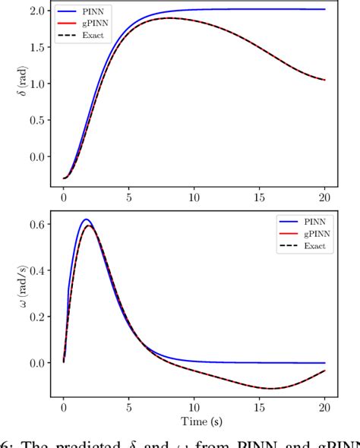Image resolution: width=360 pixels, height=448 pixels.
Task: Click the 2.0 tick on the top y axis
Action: (36, 11)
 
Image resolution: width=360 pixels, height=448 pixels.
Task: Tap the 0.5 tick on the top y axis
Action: (36, 120)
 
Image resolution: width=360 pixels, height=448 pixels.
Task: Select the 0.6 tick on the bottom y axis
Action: (36, 224)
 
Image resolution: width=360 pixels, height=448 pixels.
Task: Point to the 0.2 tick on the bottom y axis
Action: (36, 317)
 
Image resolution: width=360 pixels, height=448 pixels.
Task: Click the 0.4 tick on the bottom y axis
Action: (36, 270)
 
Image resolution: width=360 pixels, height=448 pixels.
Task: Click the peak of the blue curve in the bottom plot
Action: (87, 220)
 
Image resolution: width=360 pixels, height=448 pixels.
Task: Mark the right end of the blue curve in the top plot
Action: (325, 9)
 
